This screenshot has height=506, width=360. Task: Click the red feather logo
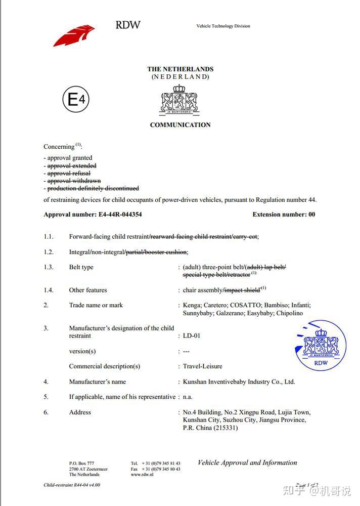coord(74,35)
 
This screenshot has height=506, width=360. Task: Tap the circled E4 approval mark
coord(76,100)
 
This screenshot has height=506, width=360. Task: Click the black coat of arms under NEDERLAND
coord(180,99)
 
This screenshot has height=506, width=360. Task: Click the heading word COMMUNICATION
coord(180,125)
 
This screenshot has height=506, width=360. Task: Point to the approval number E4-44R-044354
coord(119,215)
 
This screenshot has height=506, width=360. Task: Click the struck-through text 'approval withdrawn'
coord(74,181)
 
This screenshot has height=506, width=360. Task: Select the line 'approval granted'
coord(70,158)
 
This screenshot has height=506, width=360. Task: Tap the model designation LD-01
coord(192,336)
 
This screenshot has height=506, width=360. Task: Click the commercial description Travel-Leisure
coord(202,366)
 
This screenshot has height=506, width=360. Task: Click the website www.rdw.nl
coord(142,475)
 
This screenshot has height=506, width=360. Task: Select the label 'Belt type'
coord(81,267)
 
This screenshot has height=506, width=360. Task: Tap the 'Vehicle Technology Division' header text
coord(223,26)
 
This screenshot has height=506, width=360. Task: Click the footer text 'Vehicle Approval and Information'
coord(247,462)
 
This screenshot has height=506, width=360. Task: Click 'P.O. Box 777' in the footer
coord(81,463)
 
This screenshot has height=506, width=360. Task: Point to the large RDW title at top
coord(128,25)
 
